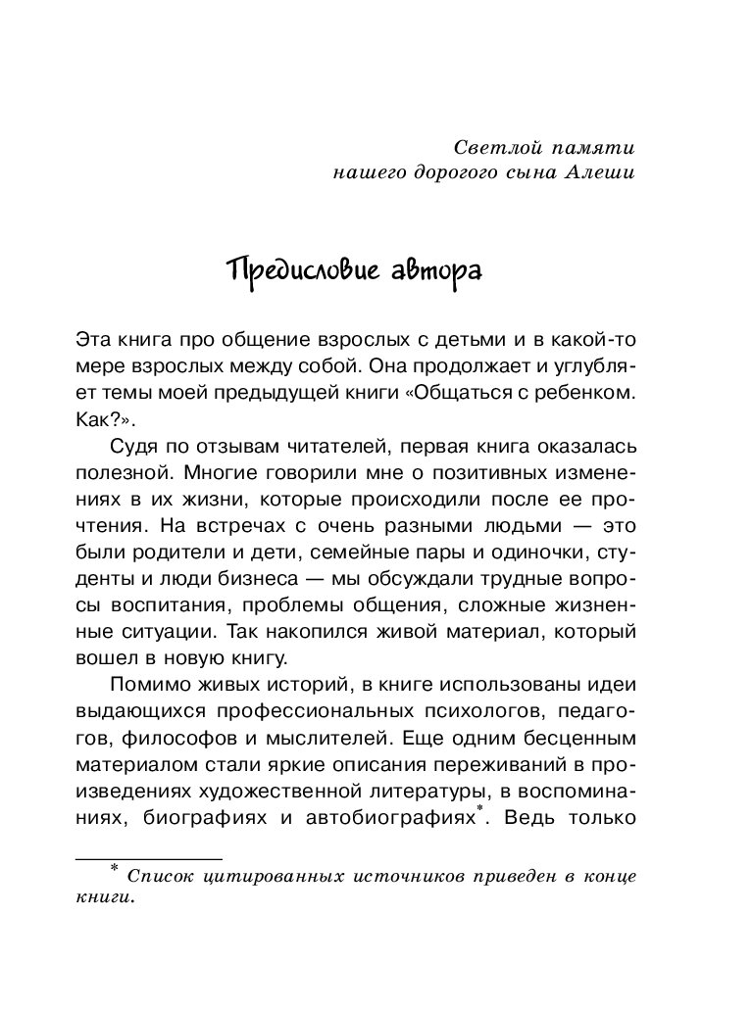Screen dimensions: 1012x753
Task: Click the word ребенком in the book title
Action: click(x=589, y=395)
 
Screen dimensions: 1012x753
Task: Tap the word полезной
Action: click(x=113, y=471)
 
